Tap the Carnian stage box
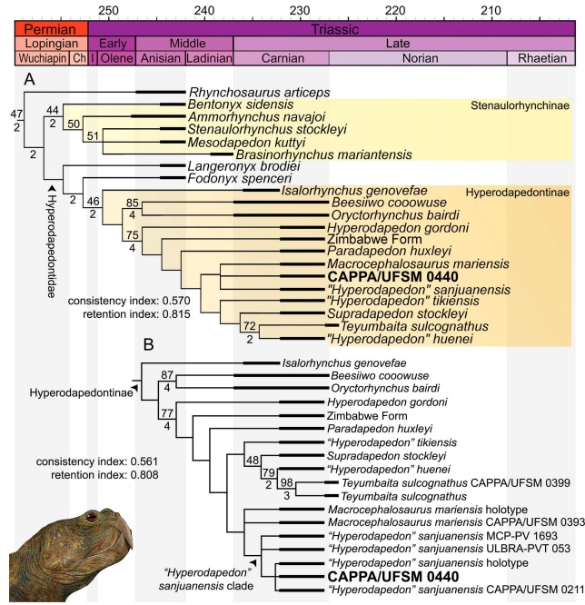(x=281, y=57)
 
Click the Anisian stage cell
(x=160, y=57)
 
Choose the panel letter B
(x=150, y=345)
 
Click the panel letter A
(x=30, y=79)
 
